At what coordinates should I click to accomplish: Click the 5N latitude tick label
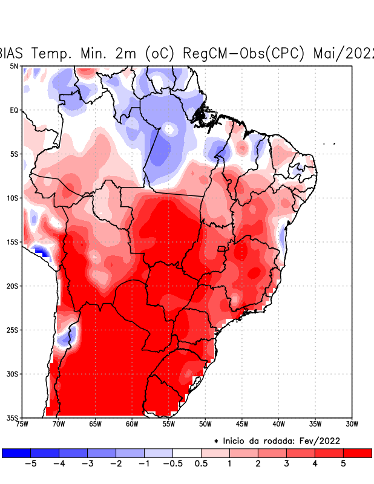(14, 66)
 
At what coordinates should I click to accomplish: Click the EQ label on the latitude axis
(14, 110)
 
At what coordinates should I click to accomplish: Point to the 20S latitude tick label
(13, 286)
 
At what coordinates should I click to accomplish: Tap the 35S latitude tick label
(13, 418)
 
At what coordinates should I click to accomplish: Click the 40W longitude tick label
(278, 423)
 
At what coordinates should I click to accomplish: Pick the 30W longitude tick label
(352, 423)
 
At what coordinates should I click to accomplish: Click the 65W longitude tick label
(95, 423)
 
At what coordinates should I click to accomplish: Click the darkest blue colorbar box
(16, 453)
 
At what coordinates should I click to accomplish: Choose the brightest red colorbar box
(357, 453)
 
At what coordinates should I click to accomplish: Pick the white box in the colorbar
(187, 453)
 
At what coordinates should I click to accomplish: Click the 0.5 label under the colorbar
(201, 464)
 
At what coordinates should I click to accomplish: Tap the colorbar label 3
(286, 464)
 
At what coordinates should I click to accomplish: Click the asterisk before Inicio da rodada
(216, 442)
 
